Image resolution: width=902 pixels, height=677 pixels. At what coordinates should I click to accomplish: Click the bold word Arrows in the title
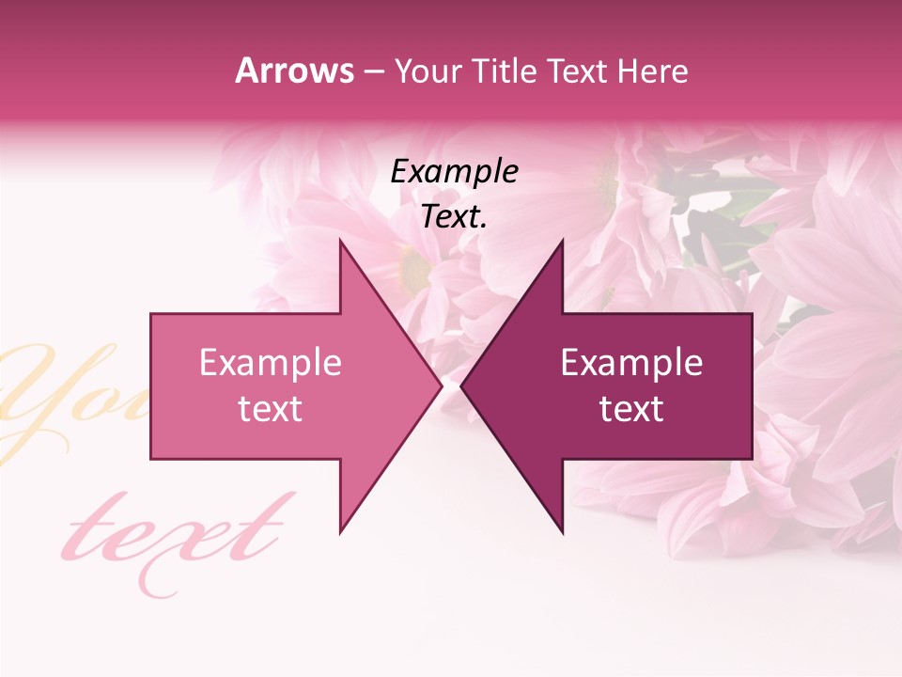pos(295,71)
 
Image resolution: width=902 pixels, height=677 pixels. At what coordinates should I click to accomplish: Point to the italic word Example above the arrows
pos(454,171)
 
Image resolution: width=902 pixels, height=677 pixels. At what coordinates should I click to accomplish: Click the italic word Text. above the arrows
pos(454,217)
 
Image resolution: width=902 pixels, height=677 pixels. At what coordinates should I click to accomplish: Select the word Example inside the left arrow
pos(271,363)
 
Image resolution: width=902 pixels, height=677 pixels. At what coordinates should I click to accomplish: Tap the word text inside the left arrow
pos(271,409)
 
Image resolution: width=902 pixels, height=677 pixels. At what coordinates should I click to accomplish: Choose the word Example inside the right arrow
pos(631,363)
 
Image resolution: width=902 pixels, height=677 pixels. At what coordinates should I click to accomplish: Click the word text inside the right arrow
pos(631,409)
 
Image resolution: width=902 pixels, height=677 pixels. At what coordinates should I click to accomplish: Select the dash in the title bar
pos(373,71)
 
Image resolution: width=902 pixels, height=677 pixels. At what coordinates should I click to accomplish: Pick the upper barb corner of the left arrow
pos(340,241)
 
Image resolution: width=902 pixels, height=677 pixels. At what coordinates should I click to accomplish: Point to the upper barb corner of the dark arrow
pos(562,241)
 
